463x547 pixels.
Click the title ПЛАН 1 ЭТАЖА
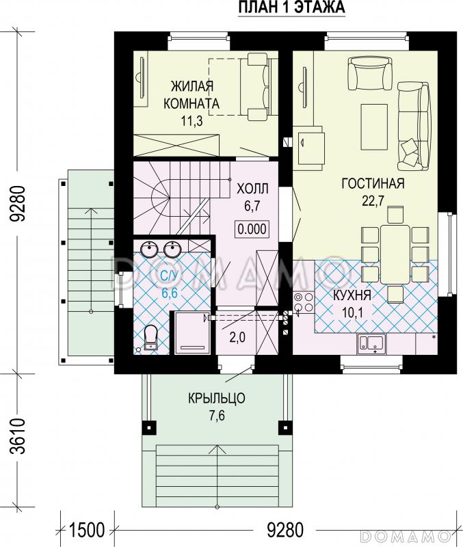coord(292,8)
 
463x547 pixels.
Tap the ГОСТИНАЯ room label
coord(373,183)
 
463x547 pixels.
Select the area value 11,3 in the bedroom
coord(191,121)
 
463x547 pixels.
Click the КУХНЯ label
coord(352,295)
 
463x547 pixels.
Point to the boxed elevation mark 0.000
coord(252,229)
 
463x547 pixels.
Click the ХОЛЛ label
coord(252,189)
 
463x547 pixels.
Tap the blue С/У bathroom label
coord(169,277)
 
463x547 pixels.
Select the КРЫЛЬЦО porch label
coord(217,398)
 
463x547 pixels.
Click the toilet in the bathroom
coord(150,338)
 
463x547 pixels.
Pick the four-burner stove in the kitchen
coord(303,302)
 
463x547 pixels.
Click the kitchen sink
coord(371,344)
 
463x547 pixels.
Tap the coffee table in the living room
coord(374,127)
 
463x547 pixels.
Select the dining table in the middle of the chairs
coord(395,254)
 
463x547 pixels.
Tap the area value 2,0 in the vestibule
coord(237,337)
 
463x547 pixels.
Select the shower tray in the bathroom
coord(192,332)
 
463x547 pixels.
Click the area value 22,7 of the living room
coord(373,201)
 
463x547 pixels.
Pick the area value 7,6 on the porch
coord(217,416)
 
